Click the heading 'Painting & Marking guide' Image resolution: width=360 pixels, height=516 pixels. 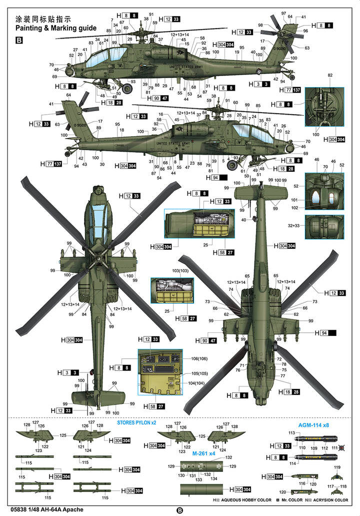coord(55,29)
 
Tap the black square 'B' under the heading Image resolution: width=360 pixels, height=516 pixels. coord(19,41)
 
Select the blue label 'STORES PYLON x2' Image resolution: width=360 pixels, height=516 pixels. coord(136,423)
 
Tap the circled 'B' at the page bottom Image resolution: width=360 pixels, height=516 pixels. coord(180,510)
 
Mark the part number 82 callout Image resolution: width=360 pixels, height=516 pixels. coord(330,75)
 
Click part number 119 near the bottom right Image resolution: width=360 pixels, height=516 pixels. coord(336,467)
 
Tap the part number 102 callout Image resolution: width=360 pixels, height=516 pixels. coord(295,208)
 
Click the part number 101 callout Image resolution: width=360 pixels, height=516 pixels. coord(295,201)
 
